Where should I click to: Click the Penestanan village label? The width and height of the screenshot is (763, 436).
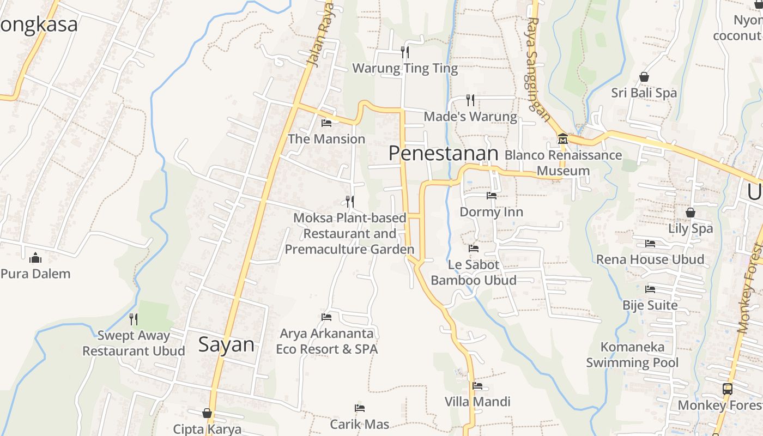tap(443, 154)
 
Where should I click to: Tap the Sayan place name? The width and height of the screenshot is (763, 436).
tap(226, 344)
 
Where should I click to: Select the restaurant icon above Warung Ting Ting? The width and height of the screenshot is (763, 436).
tap(404, 52)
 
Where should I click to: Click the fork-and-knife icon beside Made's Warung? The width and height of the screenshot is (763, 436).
tap(470, 100)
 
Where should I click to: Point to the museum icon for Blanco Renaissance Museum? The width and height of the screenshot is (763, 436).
tap(562, 139)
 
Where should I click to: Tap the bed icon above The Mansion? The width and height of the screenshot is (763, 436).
tap(326, 123)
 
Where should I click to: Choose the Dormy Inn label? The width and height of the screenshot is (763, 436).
tap(491, 212)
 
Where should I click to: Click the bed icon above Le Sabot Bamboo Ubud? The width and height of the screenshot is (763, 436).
tap(474, 249)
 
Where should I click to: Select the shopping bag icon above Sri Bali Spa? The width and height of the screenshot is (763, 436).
tap(644, 77)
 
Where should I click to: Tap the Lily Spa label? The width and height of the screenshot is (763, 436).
tap(691, 228)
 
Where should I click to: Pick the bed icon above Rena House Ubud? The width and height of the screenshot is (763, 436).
tap(650, 244)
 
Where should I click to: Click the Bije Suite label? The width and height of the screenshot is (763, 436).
tap(650, 305)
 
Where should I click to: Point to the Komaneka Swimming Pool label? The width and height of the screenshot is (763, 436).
tap(632, 355)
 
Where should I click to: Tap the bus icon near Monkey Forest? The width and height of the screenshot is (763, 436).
tap(728, 389)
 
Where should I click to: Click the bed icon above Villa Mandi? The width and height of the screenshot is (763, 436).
tap(477, 386)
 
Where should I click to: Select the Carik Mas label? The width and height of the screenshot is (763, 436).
tap(360, 424)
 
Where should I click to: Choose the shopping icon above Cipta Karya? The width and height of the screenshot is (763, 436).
tap(207, 413)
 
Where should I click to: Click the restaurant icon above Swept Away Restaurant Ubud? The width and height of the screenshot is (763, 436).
tap(134, 319)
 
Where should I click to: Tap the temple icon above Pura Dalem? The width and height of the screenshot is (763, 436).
tap(35, 257)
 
